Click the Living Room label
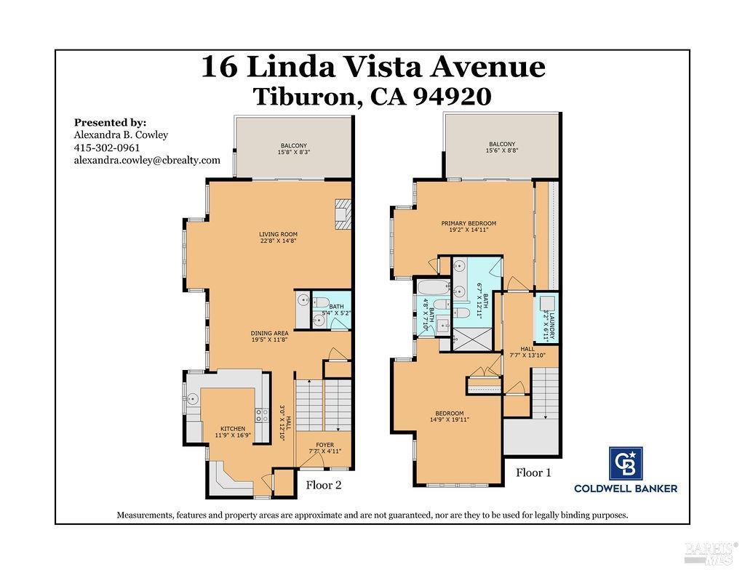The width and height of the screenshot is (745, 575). (277, 237)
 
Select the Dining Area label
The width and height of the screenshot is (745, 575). (270, 336)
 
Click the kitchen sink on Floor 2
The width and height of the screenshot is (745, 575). (193, 398)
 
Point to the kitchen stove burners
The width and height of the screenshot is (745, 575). (261, 416)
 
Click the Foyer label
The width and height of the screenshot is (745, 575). (324, 447)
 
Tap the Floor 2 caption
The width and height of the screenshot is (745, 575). (324, 485)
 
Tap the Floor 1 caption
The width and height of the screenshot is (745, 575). (533, 473)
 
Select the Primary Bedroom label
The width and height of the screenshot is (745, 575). (469, 226)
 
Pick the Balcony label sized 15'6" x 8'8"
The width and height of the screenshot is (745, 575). (502, 148)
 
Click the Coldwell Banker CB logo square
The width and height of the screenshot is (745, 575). (626, 463)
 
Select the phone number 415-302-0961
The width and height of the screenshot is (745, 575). (107, 148)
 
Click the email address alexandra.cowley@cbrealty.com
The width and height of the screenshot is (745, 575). (147, 160)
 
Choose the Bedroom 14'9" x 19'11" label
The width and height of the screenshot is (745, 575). (448, 416)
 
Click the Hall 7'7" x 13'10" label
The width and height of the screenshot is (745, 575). (527, 353)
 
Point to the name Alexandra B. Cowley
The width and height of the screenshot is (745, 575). (121, 134)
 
